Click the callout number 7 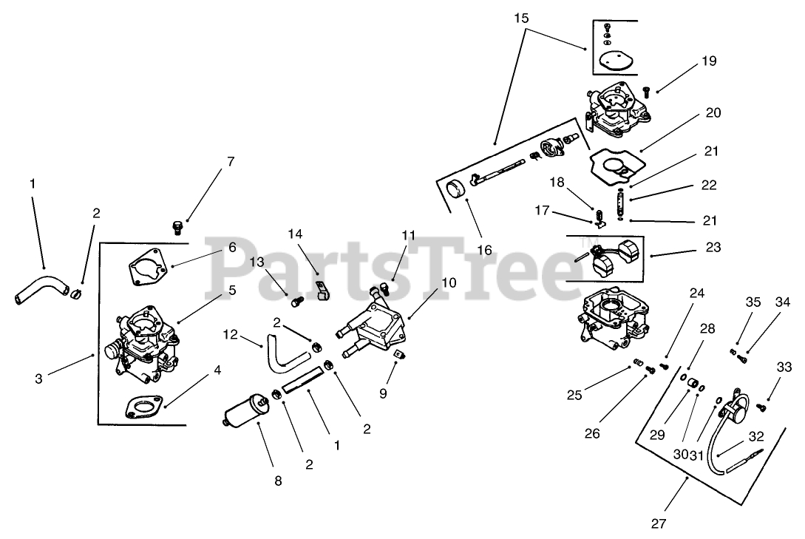coord(231,161)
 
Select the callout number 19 coord(709,62)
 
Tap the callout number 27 coord(659,523)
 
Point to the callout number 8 coord(278,480)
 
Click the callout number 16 coord(485,250)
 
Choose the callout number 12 coord(230,335)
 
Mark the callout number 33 coord(784,366)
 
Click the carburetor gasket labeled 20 coord(614,165)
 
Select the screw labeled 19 coord(645,92)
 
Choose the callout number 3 coord(38,379)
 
